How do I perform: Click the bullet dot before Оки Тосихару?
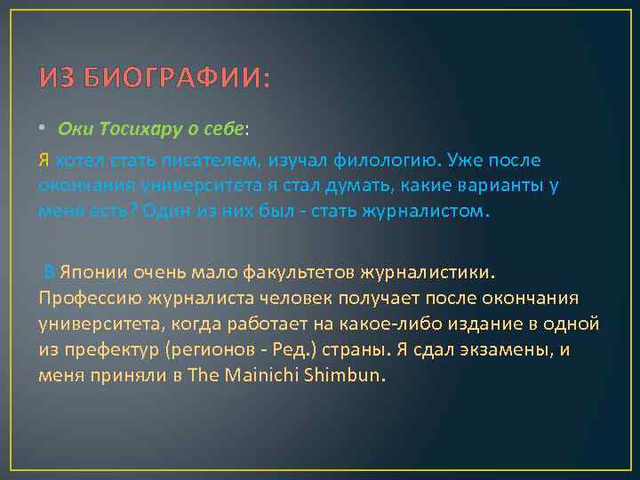click(44, 131)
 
